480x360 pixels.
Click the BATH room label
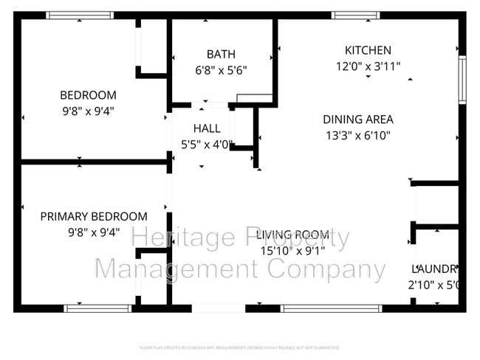(x=221, y=54)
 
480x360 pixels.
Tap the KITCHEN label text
(x=368, y=50)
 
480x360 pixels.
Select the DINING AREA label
(x=357, y=119)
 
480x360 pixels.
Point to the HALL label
(x=207, y=128)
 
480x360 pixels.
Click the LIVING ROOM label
(x=292, y=235)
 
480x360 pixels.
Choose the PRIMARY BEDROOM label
(x=93, y=216)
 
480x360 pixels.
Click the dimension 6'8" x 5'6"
(x=221, y=71)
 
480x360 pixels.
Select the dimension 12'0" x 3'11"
(x=368, y=66)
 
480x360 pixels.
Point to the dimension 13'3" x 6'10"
(x=357, y=135)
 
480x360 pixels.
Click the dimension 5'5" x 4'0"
(x=207, y=145)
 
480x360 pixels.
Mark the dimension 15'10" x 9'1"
(x=292, y=251)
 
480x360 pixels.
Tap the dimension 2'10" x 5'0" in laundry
(x=436, y=285)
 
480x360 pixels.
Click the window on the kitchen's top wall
(x=356, y=15)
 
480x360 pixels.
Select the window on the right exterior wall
(x=462, y=80)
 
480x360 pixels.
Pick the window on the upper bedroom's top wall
(x=80, y=15)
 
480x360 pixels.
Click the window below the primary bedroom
(x=87, y=308)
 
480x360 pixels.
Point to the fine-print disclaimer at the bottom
(x=240, y=347)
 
